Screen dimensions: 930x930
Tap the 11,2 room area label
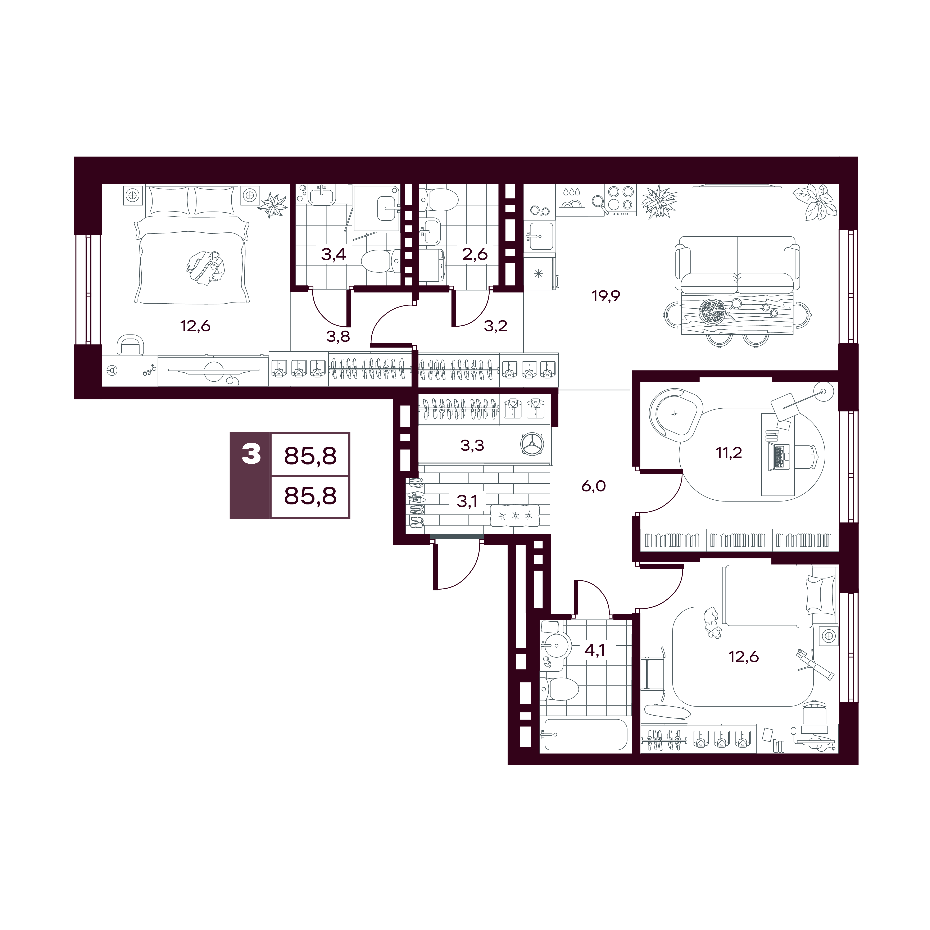point(729,453)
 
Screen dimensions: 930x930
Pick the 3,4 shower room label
point(334,254)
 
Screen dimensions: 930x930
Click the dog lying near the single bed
point(711,623)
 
